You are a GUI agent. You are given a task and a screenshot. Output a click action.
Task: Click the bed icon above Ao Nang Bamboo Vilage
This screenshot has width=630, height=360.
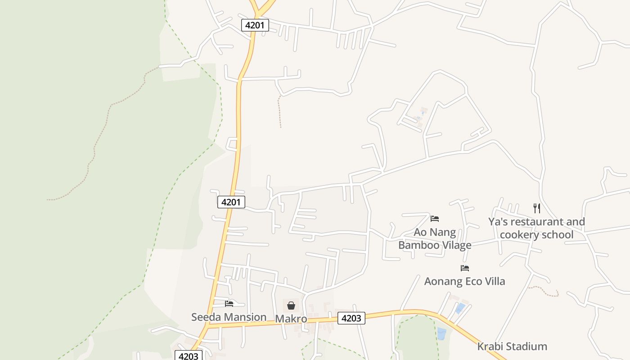(434, 219)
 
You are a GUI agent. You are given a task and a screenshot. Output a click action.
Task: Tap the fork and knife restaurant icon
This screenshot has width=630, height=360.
(536, 208)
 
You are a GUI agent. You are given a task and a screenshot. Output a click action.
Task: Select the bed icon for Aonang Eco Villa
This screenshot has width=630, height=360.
(465, 268)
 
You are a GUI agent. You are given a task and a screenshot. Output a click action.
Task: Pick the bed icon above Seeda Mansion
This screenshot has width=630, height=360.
(229, 303)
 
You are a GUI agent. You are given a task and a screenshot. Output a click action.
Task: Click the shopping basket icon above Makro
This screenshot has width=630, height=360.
(291, 306)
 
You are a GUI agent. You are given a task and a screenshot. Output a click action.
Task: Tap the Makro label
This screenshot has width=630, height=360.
(291, 319)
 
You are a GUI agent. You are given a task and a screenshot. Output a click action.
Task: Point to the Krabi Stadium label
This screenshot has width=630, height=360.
(512, 346)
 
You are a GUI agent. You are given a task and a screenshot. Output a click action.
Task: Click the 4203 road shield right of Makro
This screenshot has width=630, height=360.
(351, 318)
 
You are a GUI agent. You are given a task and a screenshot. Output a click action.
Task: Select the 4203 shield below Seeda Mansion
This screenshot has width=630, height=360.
(188, 356)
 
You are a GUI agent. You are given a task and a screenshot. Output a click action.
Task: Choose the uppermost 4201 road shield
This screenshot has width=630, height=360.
(255, 25)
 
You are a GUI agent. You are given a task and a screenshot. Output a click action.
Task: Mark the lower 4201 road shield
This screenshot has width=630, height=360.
(231, 202)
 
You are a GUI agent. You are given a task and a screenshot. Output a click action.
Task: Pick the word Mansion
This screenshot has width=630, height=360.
(246, 317)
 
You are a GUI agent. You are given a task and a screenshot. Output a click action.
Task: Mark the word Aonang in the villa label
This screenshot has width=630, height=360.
(443, 281)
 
